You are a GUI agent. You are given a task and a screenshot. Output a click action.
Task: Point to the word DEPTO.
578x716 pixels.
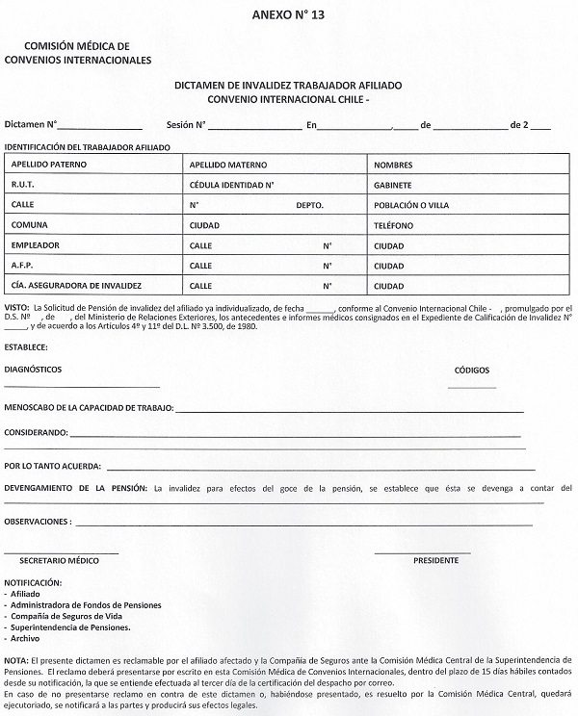[x=310, y=205]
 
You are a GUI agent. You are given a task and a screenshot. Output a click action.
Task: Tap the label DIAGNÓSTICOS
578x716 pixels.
[x=34, y=370]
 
